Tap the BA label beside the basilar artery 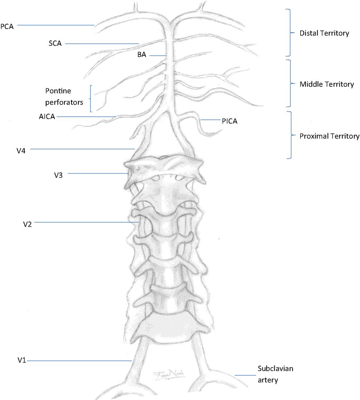pos(142,56)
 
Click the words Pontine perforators pos(64,96)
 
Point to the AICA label pos(47,117)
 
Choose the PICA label pos(229,121)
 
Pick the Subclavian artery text pos(275,375)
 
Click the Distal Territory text pos(324,33)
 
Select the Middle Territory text pos(326,84)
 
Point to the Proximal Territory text pos(329,136)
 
